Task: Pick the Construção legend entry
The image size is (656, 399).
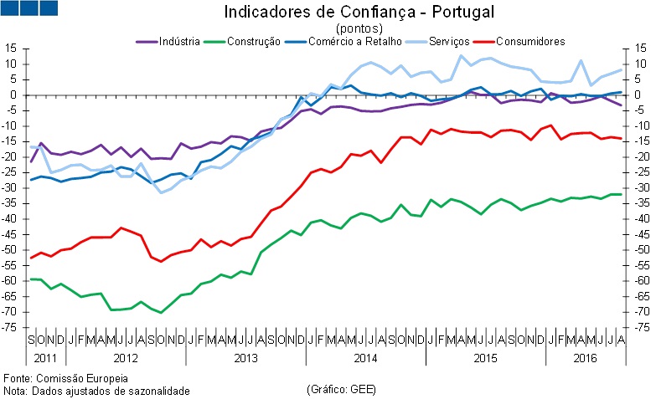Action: point(252,41)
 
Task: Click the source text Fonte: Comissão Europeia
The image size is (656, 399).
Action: point(65,356)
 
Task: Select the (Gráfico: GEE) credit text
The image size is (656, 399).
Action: point(341,366)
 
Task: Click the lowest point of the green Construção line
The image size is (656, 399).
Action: point(161,312)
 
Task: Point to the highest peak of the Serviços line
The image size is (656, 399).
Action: point(461,56)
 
